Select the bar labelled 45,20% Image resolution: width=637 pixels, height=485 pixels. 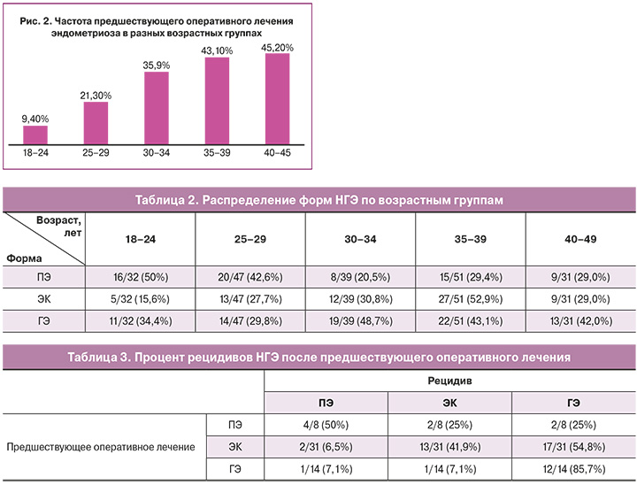(277, 99)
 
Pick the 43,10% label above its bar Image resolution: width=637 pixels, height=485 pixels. (217, 50)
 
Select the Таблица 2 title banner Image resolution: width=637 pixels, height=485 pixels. (318, 200)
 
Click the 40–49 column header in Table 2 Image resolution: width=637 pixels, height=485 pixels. (580, 240)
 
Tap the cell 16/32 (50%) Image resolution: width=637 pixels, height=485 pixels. (141, 278)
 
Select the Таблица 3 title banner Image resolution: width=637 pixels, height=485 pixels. (318, 357)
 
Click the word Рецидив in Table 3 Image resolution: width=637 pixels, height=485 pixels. (449, 379)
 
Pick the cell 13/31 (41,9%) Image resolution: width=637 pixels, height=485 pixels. (449, 447)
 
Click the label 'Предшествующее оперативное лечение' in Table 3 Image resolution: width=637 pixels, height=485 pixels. (101, 447)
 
